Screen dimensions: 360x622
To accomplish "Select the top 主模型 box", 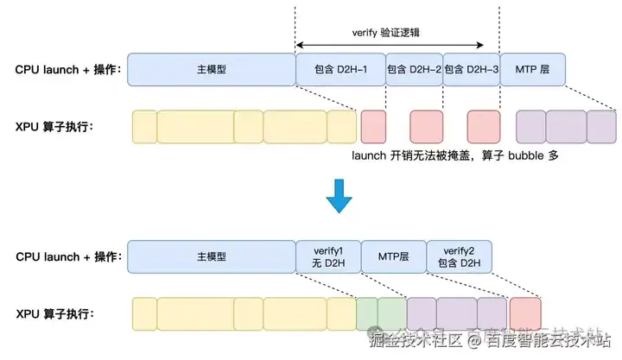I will coord(211,68).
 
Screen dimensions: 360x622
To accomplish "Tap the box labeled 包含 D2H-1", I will coord(340,68).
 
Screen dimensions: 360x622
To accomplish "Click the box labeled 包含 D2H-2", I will coord(414,68).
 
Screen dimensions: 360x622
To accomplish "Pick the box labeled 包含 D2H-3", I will coord(471,68).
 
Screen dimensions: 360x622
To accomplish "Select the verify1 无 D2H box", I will coord(328,256).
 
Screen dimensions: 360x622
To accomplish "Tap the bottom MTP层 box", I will coord(393,256).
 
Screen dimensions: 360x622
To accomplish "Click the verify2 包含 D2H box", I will coord(459,256).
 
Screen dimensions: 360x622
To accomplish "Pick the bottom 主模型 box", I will coord(211,256).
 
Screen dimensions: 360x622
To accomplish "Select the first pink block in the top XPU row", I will coord(374,125).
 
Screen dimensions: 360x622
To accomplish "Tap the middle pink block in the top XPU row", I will coord(425,125).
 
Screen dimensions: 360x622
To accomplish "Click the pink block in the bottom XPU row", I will coord(525,313).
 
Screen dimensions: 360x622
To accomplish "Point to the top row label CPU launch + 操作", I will coord(67,68).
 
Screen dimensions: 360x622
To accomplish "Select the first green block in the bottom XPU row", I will coord(368,313).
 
